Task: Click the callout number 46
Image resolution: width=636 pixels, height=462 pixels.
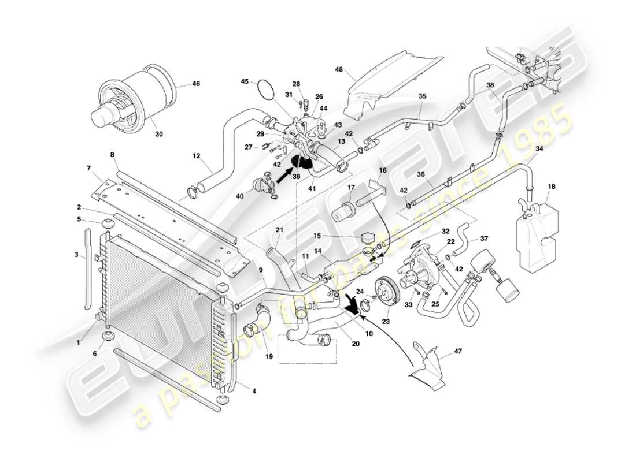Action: [196, 84]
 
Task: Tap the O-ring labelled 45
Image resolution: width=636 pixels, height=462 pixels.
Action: [265, 89]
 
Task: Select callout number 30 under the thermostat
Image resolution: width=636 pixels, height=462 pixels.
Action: [159, 134]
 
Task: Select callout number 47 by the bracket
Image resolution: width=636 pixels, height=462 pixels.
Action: [458, 351]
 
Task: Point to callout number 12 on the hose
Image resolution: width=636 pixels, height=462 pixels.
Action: [196, 156]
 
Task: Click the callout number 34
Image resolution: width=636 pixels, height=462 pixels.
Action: [539, 148]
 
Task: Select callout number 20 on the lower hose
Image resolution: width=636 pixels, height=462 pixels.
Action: [356, 344]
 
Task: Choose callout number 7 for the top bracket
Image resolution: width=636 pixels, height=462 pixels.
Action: [89, 168]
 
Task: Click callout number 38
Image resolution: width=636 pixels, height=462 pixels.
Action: [490, 84]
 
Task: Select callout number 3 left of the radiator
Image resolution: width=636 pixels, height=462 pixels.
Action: [76, 254]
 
